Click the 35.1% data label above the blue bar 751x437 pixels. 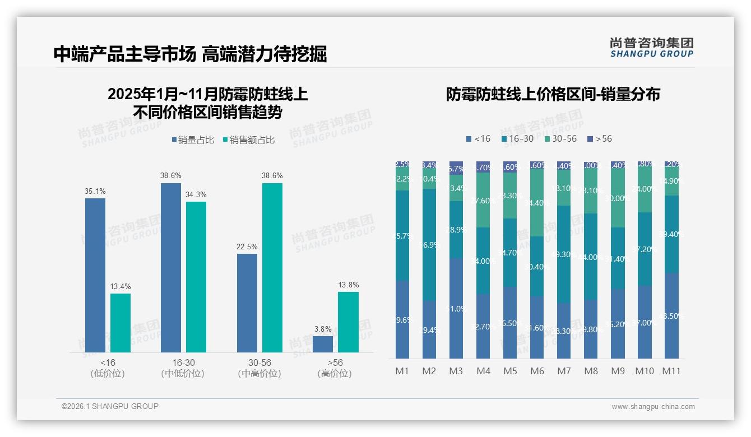(95, 192)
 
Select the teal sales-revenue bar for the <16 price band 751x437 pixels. (120, 323)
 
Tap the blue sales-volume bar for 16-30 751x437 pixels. (171, 267)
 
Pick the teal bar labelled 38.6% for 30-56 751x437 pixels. (272, 267)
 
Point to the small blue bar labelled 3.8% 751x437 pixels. (323, 344)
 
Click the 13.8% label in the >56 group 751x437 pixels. (348, 285)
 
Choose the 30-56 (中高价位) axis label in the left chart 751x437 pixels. (259, 368)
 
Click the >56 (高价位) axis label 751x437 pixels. (335, 368)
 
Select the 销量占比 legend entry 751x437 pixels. (193, 140)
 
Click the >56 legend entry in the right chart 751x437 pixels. (600, 138)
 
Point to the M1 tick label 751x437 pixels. (402, 371)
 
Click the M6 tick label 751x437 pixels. (537, 371)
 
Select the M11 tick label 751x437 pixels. (671, 371)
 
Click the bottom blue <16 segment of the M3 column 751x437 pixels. (456, 308)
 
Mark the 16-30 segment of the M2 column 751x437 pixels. (429, 244)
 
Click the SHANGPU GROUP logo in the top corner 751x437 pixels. (651, 48)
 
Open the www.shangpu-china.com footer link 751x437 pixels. (653, 407)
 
